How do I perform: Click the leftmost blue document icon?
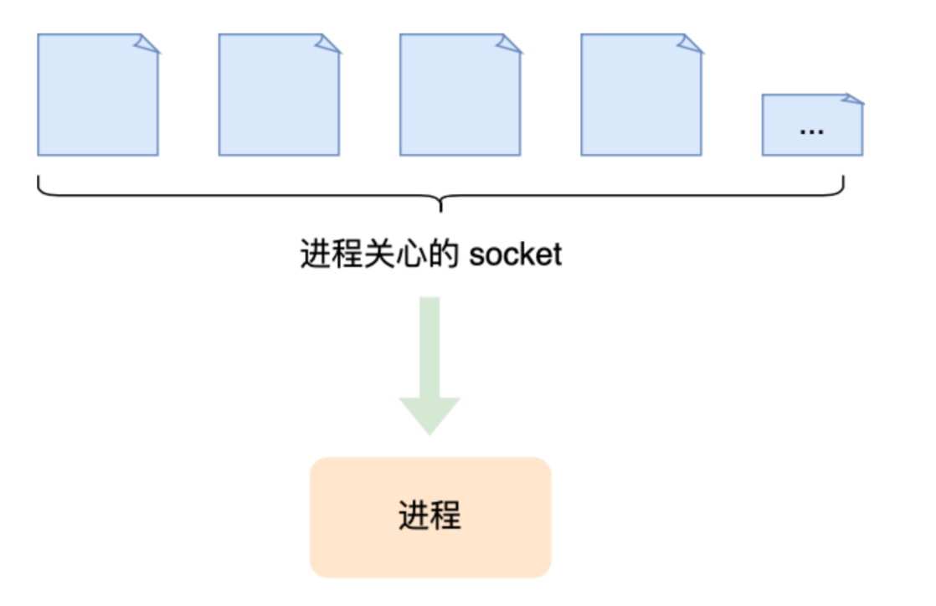click(97, 95)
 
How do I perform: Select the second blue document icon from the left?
click(279, 95)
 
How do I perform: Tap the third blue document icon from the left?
click(460, 95)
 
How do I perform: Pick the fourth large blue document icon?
click(641, 95)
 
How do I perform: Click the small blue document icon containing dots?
click(811, 125)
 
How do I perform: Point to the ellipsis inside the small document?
click(811, 131)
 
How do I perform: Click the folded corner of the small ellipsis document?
click(853, 100)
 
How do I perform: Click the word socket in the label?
click(516, 254)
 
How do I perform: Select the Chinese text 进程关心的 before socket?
click(378, 254)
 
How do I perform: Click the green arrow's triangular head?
click(429, 414)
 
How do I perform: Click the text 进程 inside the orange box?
click(429, 516)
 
